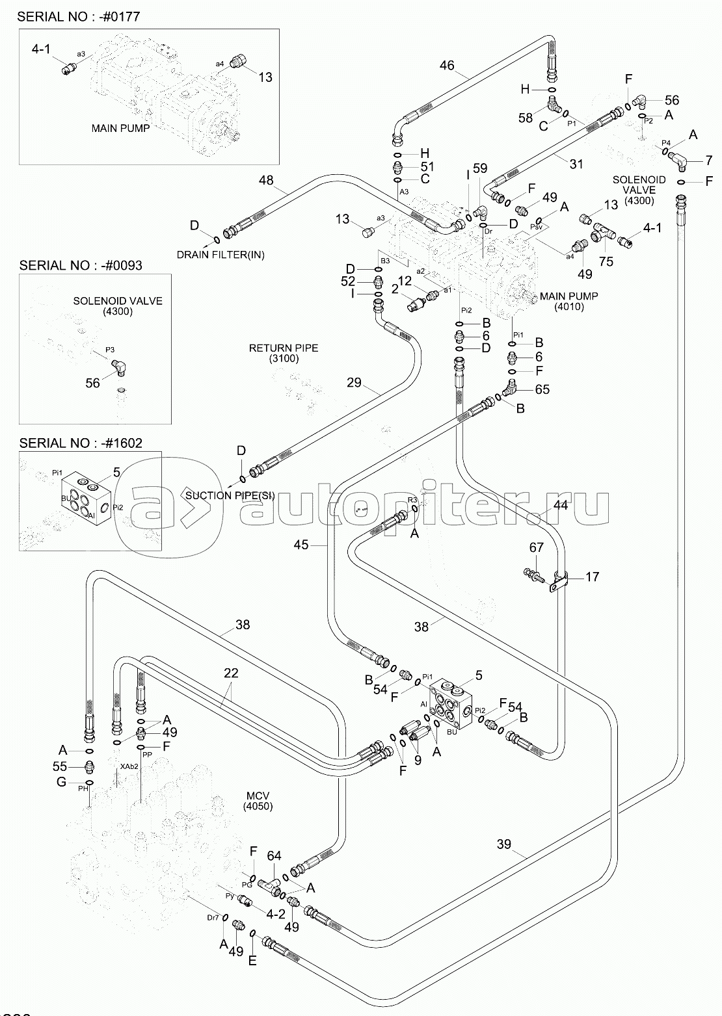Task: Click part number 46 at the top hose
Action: (x=447, y=65)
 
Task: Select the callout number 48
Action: (x=267, y=180)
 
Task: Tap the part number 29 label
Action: (x=354, y=382)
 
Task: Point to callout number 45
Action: (x=301, y=545)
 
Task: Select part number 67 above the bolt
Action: (x=536, y=548)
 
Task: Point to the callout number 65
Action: (x=542, y=389)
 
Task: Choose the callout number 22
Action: (x=231, y=673)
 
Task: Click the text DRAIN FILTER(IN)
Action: (x=221, y=254)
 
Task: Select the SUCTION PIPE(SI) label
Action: (x=230, y=495)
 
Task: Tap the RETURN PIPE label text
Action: (x=284, y=348)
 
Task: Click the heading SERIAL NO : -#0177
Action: (x=79, y=16)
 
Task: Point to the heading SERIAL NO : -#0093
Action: (x=81, y=265)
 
